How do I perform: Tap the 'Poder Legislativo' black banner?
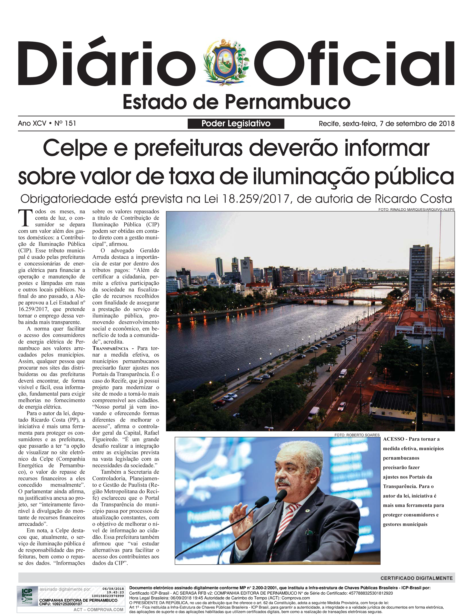click(236, 124)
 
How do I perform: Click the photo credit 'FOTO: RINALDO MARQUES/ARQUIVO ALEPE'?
click(416, 210)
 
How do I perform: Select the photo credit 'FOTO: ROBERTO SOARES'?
click(357, 435)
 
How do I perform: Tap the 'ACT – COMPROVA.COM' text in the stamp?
click(98, 610)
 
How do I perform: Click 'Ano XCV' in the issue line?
click(32, 123)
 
